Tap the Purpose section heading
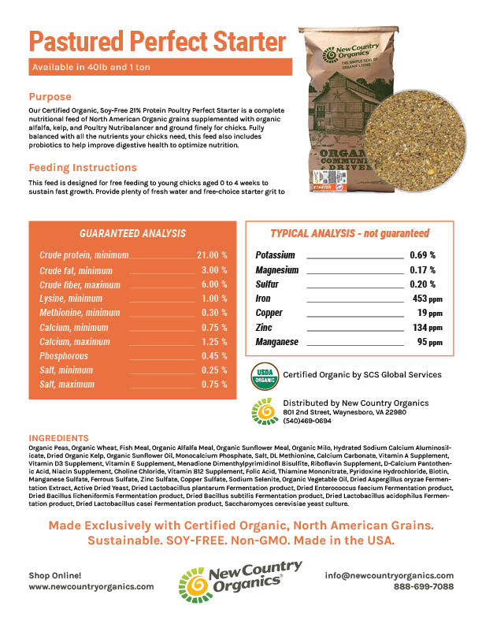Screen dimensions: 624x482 click(50, 97)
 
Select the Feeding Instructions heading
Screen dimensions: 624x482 click(83, 168)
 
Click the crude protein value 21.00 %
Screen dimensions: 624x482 click(212, 255)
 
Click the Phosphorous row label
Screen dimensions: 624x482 click(65, 355)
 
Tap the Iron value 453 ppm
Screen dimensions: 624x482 click(425, 299)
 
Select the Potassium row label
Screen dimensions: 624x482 click(275, 255)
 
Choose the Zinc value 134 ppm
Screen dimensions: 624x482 click(425, 327)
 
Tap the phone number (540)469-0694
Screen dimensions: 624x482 click(307, 422)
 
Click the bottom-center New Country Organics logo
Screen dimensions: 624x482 click(240, 581)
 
